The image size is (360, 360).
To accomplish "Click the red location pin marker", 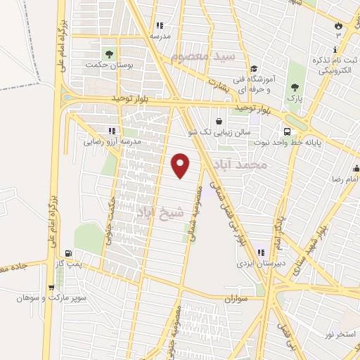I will (181, 165).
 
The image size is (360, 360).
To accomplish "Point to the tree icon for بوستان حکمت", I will (108, 53).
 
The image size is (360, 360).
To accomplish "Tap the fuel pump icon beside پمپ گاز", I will (67, 254).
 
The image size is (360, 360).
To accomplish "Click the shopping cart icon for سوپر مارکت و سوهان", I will (51, 287).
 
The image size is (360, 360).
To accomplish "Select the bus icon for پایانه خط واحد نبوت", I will (286, 131).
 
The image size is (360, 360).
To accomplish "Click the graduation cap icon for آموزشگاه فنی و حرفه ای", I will (253, 68).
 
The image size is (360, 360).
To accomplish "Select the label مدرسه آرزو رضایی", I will (112, 141).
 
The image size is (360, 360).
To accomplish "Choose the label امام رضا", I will (345, 179).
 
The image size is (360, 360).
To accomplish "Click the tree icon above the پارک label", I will (295, 87).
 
